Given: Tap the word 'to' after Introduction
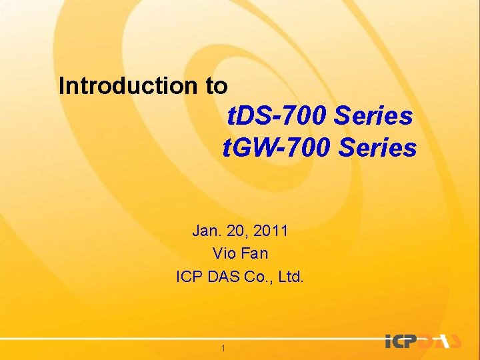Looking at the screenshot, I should (215, 86).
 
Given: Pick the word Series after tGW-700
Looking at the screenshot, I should (377, 147).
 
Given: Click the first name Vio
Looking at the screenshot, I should (223, 253).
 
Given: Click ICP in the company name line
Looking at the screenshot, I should (190, 275).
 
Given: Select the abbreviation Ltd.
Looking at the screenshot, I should (290, 275).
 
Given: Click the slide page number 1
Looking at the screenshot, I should (223, 348).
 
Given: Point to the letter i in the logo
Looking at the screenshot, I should (389, 341).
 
